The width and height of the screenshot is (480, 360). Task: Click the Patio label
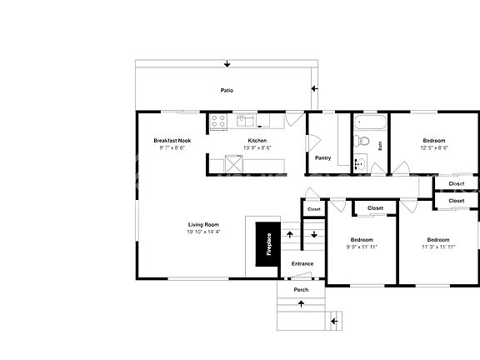pos(227,90)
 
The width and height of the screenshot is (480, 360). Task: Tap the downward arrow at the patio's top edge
pos(227,64)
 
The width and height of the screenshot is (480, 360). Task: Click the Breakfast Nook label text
pos(172,141)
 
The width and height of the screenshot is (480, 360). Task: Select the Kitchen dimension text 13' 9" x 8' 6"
pos(257,147)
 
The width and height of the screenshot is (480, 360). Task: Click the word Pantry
pos(323,157)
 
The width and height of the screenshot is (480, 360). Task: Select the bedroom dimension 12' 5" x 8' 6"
pos(434,147)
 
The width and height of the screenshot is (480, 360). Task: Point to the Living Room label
pos(203,225)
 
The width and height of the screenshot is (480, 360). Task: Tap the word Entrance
pos(302,264)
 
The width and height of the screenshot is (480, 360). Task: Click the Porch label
pos(301,290)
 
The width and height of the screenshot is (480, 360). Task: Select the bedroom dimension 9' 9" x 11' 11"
pos(362,247)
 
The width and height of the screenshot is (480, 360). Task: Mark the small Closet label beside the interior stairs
pos(313,209)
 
